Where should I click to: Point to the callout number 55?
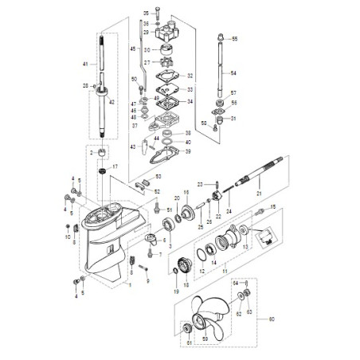click(x=235, y=38)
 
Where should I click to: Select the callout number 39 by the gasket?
click(x=189, y=151)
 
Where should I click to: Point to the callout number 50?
click(x=135, y=80)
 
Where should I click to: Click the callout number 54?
click(x=235, y=73)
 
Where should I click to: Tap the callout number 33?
click(x=190, y=90)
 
